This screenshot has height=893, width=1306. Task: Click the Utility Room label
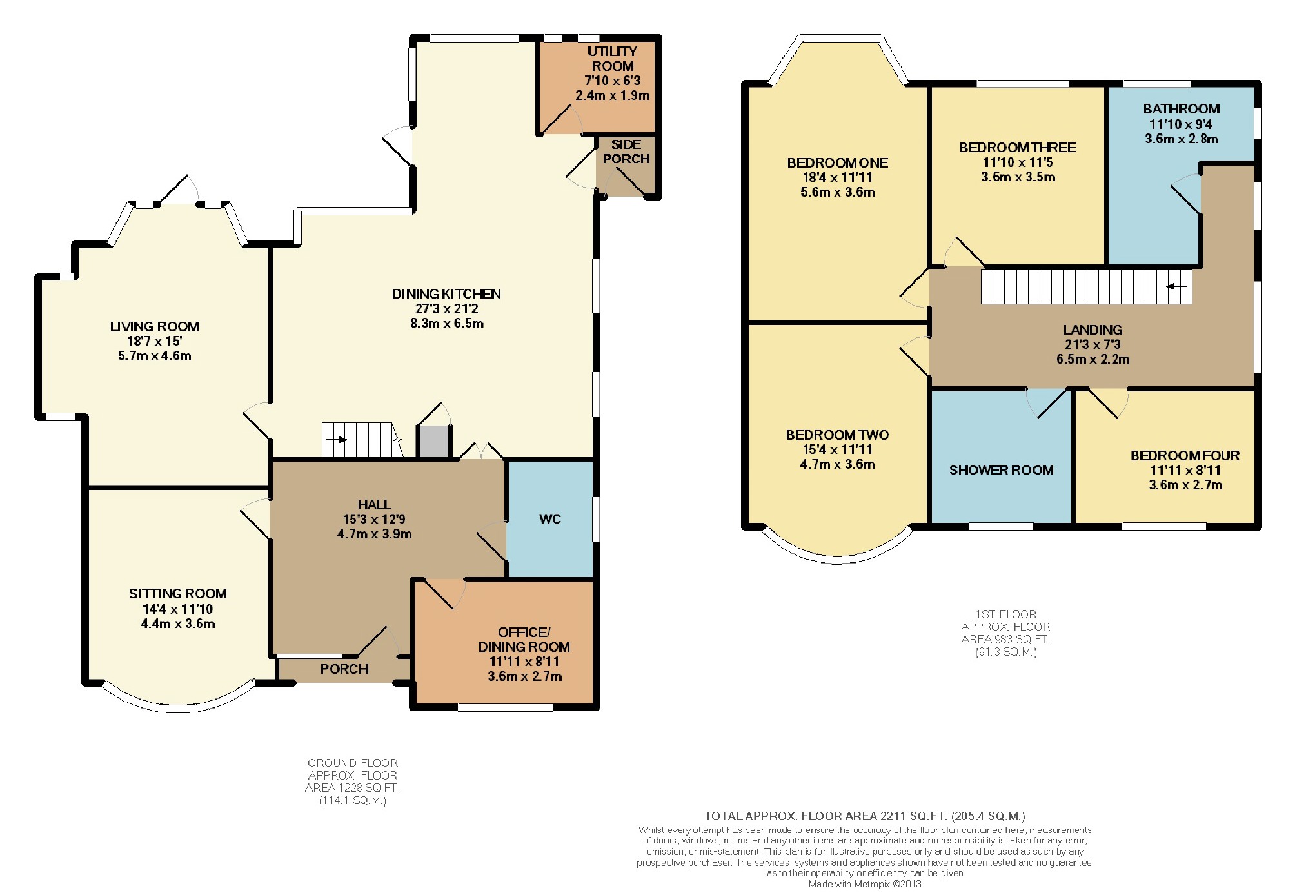click(x=612, y=59)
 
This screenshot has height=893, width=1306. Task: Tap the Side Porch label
click(x=626, y=152)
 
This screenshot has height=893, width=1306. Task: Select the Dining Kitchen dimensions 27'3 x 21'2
click(x=446, y=309)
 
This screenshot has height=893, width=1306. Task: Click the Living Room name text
click(x=155, y=327)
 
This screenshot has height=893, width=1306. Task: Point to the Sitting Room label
click(x=178, y=594)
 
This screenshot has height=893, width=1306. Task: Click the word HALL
click(x=374, y=505)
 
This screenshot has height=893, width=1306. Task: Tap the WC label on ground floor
click(x=550, y=519)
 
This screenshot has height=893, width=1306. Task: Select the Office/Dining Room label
click(x=524, y=640)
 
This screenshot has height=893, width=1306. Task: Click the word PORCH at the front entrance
click(x=344, y=669)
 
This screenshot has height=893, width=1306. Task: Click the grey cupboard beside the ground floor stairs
click(x=434, y=442)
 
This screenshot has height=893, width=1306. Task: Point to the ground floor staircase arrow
click(x=337, y=440)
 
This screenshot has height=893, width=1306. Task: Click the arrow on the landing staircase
click(x=1177, y=286)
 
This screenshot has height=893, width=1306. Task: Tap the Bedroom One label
click(x=838, y=163)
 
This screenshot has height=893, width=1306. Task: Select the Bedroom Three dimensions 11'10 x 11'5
click(x=1018, y=162)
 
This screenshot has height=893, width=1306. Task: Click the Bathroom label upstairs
click(x=1182, y=109)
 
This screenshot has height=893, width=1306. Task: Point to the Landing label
click(x=1093, y=330)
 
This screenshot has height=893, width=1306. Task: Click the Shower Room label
click(x=1002, y=470)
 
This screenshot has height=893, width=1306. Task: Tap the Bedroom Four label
click(x=1185, y=456)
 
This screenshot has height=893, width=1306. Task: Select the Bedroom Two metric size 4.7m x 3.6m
click(x=838, y=464)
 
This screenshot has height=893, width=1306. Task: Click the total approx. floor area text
click(x=865, y=816)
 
